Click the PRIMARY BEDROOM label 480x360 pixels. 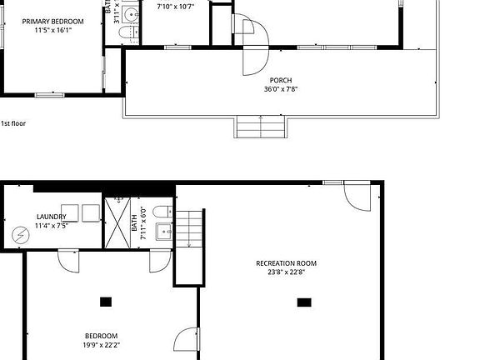coord(52,22)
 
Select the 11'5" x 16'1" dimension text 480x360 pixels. coord(52,31)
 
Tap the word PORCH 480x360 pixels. coord(280,81)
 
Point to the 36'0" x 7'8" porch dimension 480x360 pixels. coord(280,90)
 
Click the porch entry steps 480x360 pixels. coord(261,127)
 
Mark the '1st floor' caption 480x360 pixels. coord(13,123)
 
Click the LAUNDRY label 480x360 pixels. coord(51,217)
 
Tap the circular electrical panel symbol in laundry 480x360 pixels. coord(20,235)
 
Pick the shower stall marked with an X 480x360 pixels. coord(117,222)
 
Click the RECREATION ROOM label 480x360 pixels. coord(286,263)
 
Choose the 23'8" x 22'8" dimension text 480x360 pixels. coord(286,272)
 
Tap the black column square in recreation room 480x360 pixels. coord(304,302)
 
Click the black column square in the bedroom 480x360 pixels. coord(106,302)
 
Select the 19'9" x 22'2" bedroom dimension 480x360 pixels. coord(100,344)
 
